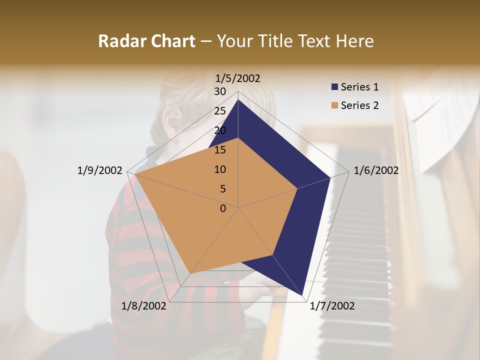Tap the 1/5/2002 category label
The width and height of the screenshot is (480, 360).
coord(238,78)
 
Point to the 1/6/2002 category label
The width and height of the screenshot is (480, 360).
coord(376,170)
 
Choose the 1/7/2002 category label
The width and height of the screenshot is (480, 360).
coord(332,306)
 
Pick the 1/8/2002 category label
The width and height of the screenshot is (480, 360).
coord(144,306)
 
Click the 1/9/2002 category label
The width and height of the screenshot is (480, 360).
coord(99,170)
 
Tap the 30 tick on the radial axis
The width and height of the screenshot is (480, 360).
coord(220,91)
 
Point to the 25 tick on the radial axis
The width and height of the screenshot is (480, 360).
coord(220,111)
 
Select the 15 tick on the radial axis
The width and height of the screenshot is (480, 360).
coord(220,150)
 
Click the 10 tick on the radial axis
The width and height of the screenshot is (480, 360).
coord(220,169)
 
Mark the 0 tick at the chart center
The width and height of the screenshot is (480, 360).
coord(223,208)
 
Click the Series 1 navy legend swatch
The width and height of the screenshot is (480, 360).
coord(335,87)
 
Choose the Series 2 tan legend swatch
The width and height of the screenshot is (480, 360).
coord(335,105)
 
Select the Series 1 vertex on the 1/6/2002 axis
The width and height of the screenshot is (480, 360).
coord(330,177)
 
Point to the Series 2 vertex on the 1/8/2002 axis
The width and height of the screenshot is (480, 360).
coord(190,273)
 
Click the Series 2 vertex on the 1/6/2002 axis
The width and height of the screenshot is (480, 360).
coord(297,188)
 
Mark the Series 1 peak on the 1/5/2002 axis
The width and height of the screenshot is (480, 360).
coord(238,99)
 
